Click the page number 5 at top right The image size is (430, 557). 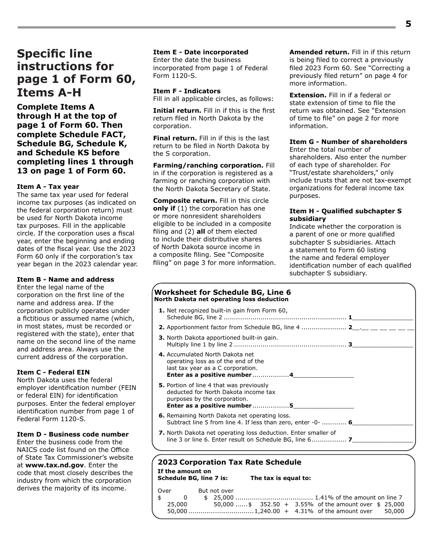(x=408, y=24)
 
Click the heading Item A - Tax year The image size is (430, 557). (x=48, y=187)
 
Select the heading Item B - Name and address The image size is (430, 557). (x=66, y=279)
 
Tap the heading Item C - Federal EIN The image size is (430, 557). (x=53, y=372)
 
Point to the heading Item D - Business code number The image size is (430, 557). (x=73, y=434)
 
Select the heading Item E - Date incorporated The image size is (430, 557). (x=201, y=52)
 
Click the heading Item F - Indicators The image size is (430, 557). (x=186, y=91)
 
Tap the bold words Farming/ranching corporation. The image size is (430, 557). (x=208, y=165)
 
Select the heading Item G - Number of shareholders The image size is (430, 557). (x=348, y=142)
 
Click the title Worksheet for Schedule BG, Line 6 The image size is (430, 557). (x=222, y=292)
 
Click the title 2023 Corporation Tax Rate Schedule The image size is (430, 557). (x=229, y=462)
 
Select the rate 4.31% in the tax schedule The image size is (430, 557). (x=304, y=511)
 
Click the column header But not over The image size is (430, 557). (x=216, y=490)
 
